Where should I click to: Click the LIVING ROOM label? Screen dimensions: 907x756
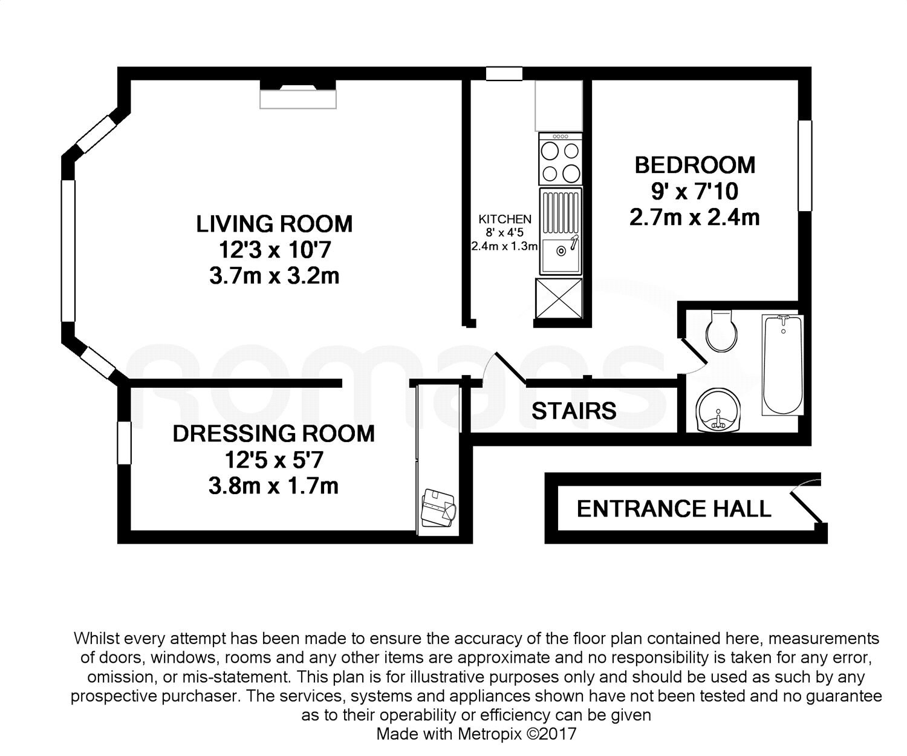tap(274, 224)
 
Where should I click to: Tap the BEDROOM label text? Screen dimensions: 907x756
tap(695, 165)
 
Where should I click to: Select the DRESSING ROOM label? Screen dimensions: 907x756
tap(274, 434)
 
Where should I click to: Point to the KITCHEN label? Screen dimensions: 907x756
tap(505, 219)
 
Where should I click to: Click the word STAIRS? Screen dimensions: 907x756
tap(574, 411)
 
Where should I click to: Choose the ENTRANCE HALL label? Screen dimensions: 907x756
tap(674, 509)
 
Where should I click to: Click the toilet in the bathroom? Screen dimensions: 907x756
tap(721, 331)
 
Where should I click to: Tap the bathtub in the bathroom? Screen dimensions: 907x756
tap(782, 365)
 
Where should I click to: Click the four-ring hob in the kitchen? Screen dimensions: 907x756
tap(561, 159)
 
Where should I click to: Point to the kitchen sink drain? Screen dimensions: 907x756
tap(561, 250)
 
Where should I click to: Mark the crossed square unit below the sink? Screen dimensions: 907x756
tap(559, 299)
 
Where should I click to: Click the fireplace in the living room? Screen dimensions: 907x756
tap(298, 94)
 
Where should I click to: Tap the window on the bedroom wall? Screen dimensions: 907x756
tap(805, 166)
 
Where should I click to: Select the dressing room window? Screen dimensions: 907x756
tap(124, 443)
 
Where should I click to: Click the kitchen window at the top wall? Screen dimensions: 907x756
tap(504, 73)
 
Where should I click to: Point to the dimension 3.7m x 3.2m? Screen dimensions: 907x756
tap(274, 276)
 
